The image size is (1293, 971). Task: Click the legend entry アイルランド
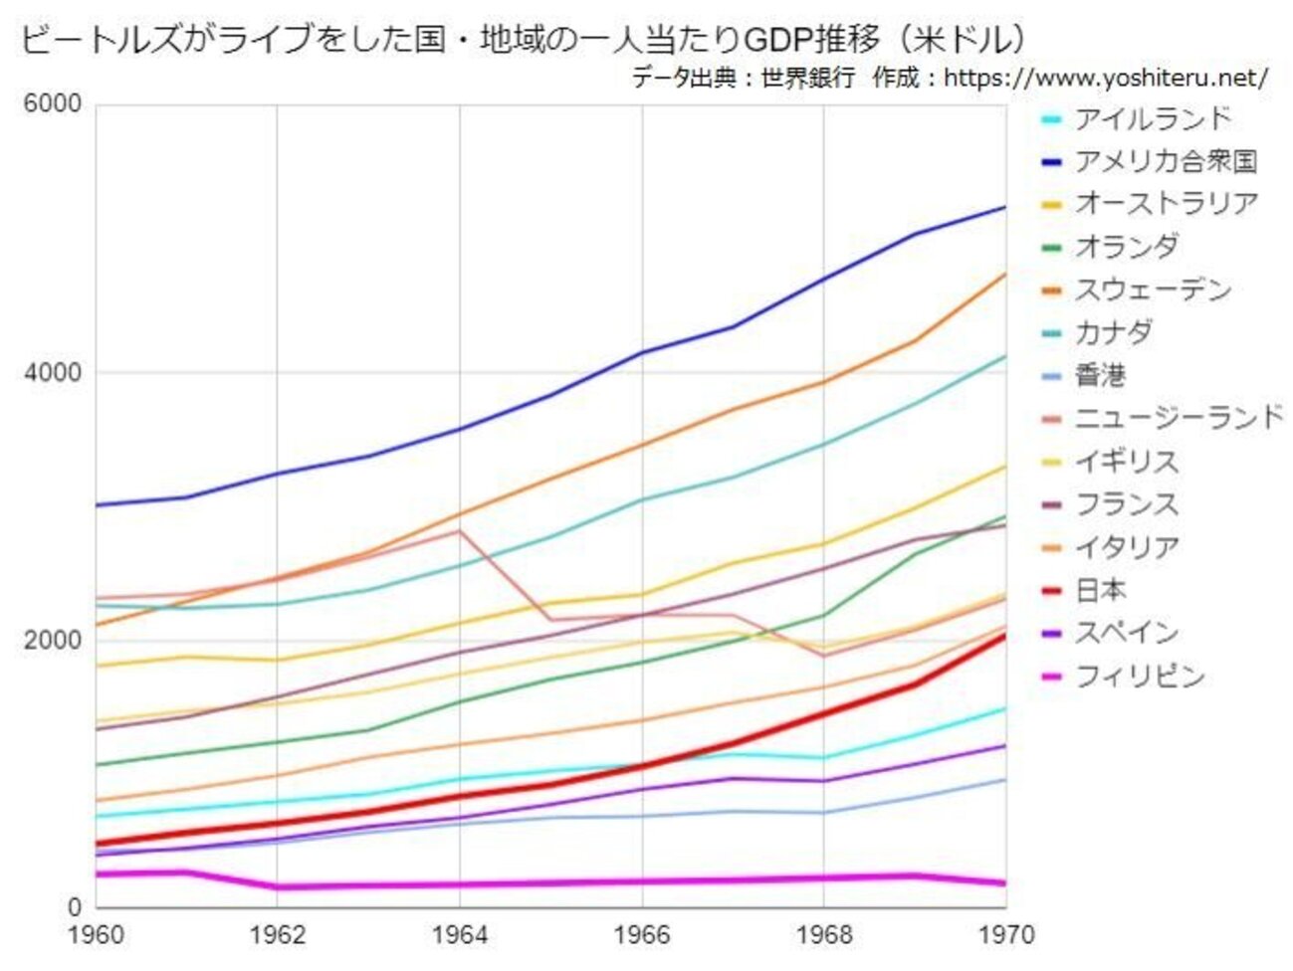(1153, 119)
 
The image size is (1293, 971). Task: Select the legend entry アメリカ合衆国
(1166, 161)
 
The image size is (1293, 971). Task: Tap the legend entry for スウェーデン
(1153, 290)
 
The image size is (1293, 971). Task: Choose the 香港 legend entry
(1100, 375)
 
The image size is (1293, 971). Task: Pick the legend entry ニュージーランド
(1179, 418)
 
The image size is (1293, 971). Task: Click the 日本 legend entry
(1100, 590)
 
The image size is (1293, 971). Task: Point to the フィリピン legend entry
(1140, 677)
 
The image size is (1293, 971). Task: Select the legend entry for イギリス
(1127, 462)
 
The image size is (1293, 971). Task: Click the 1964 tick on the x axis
(460, 936)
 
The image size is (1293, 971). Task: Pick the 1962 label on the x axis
(277, 936)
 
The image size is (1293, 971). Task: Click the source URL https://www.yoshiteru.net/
(1106, 78)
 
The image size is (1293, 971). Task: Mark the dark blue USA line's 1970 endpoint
(1005, 207)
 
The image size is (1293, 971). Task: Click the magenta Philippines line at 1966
(642, 881)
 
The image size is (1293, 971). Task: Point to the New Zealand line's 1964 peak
(460, 530)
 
